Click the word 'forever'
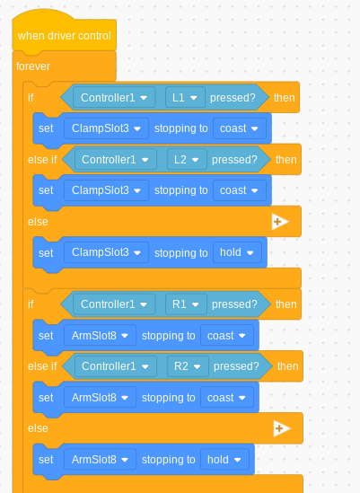(33, 66)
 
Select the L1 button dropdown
(185, 98)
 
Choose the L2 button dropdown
(187, 160)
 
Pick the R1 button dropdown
(186, 304)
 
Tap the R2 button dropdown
(188, 366)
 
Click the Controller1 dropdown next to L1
(114, 98)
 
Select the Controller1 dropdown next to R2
(116, 366)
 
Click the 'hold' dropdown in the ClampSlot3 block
(237, 252)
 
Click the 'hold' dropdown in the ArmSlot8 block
(224, 460)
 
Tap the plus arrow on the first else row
(280, 222)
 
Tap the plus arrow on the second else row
(282, 428)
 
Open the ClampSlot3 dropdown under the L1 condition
(106, 128)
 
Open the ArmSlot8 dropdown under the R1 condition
(100, 336)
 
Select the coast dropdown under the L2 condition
(240, 190)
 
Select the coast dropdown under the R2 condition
(227, 398)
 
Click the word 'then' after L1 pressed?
(285, 98)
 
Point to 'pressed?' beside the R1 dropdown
(234, 304)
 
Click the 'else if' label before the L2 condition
(42, 160)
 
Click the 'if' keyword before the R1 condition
(31, 304)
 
